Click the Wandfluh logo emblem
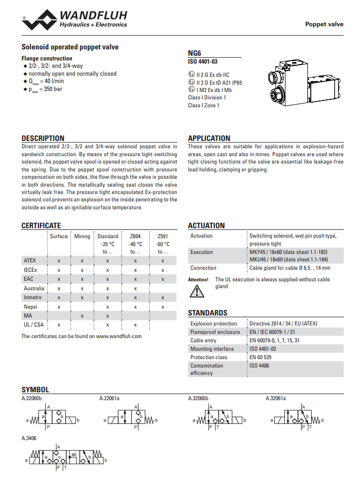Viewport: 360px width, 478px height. point(40,21)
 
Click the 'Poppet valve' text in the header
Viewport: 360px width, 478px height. point(324,24)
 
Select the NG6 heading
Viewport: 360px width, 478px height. point(194,53)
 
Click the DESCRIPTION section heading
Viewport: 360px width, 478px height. point(43,138)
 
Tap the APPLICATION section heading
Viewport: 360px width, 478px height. point(209,138)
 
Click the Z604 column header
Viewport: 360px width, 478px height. point(135,236)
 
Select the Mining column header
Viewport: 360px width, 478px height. point(82,236)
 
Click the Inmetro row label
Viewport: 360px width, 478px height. point(33,298)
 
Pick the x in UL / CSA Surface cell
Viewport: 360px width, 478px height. point(59,326)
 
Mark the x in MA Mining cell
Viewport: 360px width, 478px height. point(82,316)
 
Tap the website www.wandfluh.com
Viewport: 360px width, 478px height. point(119,337)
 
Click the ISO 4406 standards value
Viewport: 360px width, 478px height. point(259,365)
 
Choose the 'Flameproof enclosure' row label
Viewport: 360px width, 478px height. point(215,332)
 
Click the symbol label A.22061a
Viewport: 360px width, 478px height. point(109,399)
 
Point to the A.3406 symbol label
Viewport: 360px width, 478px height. point(29,438)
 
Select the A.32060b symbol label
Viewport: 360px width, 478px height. point(198,399)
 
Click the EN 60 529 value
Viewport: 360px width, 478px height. point(261,357)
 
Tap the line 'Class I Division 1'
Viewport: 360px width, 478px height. point(207,98)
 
